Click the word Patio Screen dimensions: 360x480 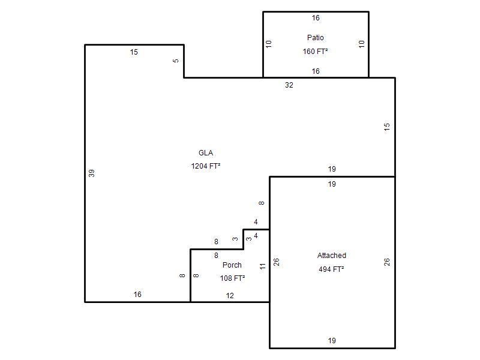(x=316, y=38)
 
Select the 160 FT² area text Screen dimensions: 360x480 (x=316, y=52)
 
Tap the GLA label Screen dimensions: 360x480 (x=206, y=153)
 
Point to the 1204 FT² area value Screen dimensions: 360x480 (x=206, y=166)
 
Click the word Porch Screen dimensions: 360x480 (x=232, y=265)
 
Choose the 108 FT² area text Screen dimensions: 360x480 (x=232, y=278)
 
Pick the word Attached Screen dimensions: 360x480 (x=332, y=256)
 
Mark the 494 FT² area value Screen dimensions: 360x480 (x=332, y=269)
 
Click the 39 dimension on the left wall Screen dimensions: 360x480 (x=92, y=173)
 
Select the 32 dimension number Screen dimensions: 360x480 (x=289, y=85)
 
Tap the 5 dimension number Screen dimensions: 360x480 (x=176, y=61)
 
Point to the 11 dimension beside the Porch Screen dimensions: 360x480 (x=262, y=266)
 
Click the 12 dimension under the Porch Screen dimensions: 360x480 (x=230, y=296)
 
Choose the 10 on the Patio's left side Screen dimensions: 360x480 (x=269, y=44)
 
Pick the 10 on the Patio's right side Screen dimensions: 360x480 (x=361, y=44)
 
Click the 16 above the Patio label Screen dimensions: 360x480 (x=316, y=18)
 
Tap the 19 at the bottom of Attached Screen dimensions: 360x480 (x=332, y=341)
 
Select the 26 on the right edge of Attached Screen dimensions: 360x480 (x=387, y=262)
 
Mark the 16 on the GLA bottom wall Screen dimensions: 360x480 (x=137, y=295)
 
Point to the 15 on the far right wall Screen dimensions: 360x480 (x=387, y=127)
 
